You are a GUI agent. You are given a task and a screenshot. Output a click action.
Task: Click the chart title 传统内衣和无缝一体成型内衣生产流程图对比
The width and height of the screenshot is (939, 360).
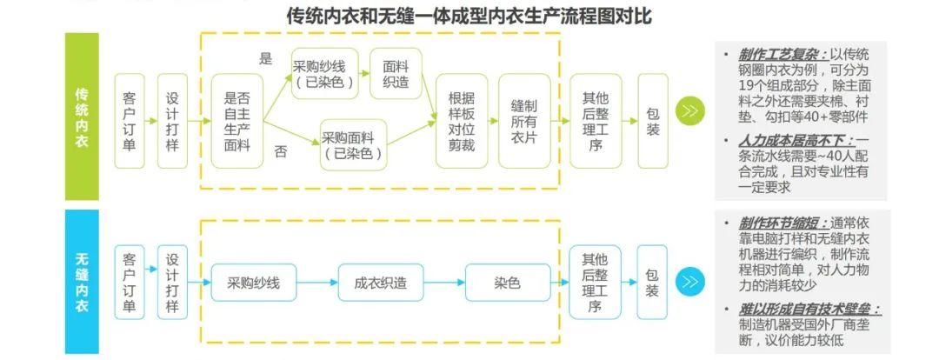coord(469,16)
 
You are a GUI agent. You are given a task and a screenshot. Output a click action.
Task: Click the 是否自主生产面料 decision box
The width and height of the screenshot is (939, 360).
coord(236,121)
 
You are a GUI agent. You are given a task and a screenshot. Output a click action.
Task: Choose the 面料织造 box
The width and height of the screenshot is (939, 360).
coord(396,74)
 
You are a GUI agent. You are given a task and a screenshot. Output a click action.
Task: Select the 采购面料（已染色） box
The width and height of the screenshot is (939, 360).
coord(353,144)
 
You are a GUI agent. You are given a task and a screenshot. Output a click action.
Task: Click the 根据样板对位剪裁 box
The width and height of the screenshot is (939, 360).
coord(461,121)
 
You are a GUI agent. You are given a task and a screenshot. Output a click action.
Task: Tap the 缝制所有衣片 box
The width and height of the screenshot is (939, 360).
coord(524,121)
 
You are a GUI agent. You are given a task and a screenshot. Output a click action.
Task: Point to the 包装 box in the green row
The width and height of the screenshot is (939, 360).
coord(652,121)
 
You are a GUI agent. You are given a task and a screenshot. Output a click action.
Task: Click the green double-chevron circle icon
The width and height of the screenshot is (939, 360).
coord(689,111)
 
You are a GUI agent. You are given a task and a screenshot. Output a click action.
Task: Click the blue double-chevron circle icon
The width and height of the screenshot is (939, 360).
coord(689,282)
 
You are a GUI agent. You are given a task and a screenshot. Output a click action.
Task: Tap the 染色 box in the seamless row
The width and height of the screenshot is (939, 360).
coord(508,283)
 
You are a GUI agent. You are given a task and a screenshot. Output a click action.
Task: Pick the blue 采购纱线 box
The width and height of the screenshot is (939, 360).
coord(254,283)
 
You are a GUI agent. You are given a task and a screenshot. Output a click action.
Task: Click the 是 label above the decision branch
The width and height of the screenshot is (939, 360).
coord(266,60)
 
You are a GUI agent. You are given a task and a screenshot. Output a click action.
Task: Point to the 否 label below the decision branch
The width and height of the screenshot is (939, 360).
coord(281,151)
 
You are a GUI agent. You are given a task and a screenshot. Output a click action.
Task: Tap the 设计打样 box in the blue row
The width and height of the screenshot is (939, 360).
coord(172,283)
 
